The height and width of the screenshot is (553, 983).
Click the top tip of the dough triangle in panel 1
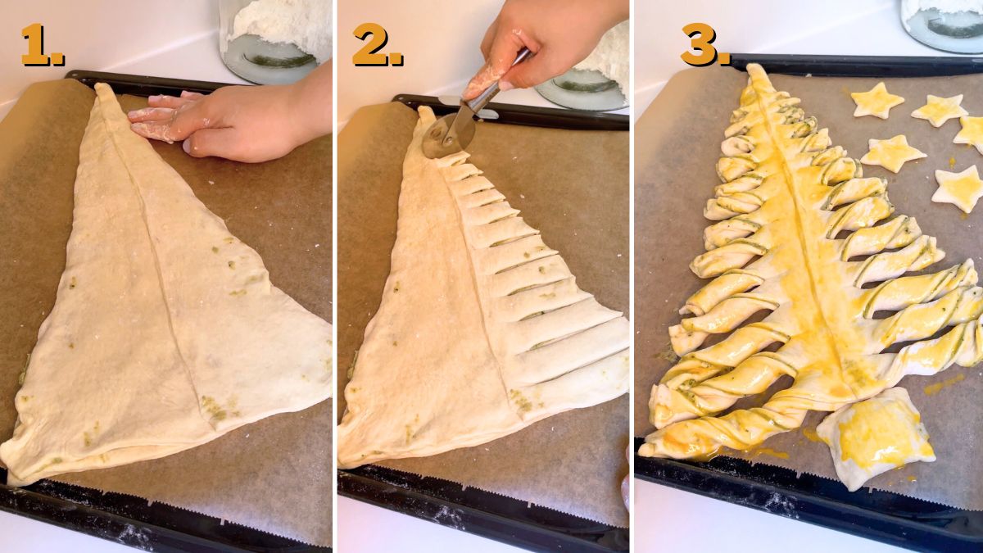point(102,90)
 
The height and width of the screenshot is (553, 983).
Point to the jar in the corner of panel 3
point(942,25)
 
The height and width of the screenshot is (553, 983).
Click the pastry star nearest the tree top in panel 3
point(877,102)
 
